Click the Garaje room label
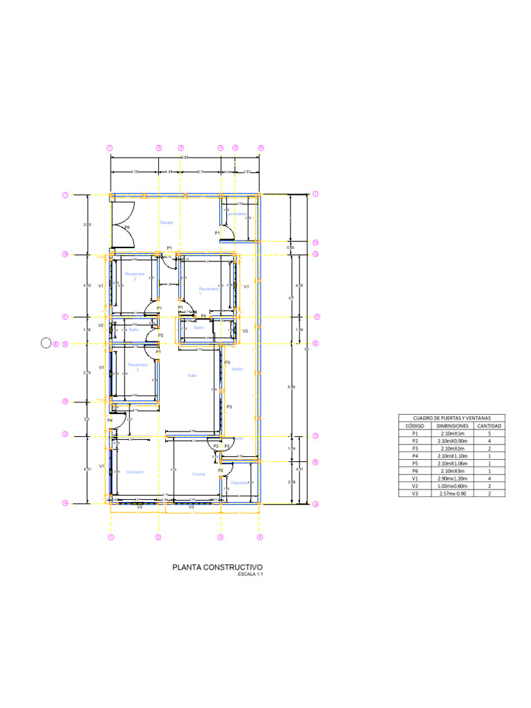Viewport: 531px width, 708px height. click(x=167, y=223)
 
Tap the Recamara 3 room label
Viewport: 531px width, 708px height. click(x=138, y=366)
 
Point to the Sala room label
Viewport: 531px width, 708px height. click(x=192, y=375)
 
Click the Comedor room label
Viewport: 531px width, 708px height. click(x=135, y=472)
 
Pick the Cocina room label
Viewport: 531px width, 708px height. click(x=198, y=474)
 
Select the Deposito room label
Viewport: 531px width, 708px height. click(x=239, y=482)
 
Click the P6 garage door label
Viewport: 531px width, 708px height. click(x=127, y=227)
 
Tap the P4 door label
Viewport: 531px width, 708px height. click(x=110, y=420)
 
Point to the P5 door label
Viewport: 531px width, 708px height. click(x=203, y=316)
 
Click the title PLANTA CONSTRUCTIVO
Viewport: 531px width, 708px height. click(x=218, y=567)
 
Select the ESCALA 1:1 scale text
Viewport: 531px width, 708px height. click(x=250, y=575)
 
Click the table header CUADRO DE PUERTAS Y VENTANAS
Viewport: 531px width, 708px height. click(x=451, y=418)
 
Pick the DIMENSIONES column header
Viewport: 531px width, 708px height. click(x=453, y=426)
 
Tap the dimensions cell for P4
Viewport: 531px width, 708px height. click(x=453, y=456)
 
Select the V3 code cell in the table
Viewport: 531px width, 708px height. click(x=415, y=494)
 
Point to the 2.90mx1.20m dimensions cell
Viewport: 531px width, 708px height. click(x=453, y=479)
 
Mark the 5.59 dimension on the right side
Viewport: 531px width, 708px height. click(x=290, y=386)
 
